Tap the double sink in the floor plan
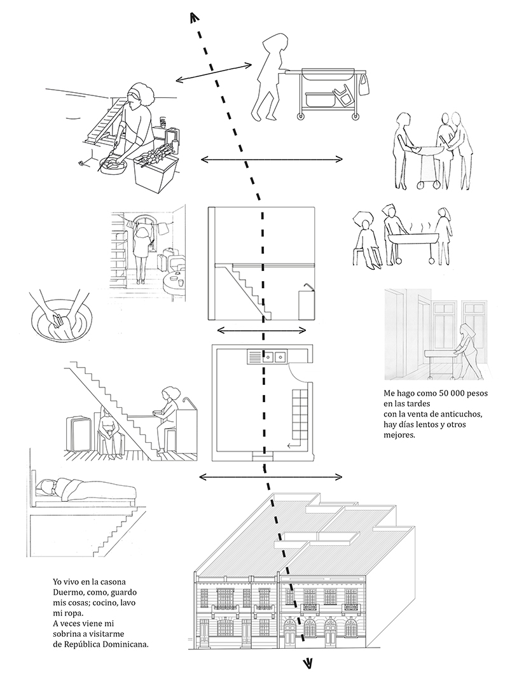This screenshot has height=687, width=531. click(274, 357)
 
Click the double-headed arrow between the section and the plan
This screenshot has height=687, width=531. click(261, 330)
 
